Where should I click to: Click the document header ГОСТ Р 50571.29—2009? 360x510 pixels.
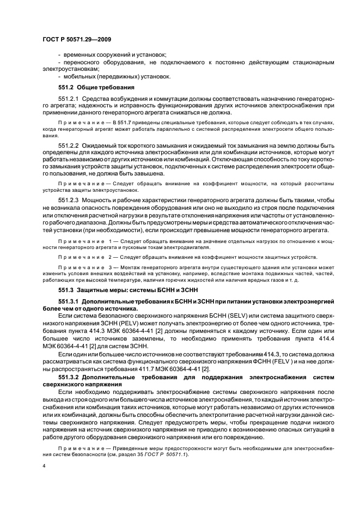click(76, 40)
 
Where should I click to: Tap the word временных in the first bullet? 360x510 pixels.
click(78, 55)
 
